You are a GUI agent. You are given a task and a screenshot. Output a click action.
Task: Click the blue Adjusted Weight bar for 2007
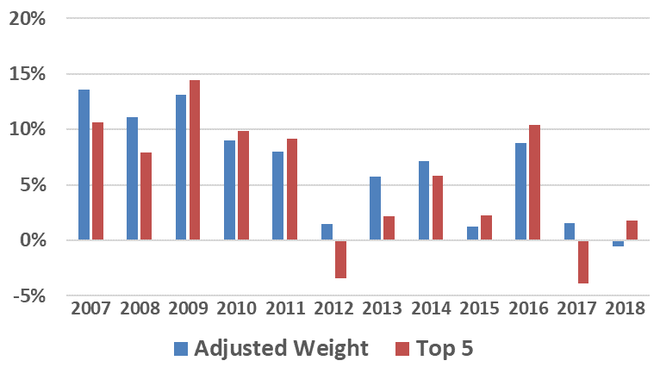click(84, 165)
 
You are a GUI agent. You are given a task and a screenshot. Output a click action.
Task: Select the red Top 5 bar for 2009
click(195, 160)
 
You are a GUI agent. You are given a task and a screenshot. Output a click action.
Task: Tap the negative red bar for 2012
click(340, 259)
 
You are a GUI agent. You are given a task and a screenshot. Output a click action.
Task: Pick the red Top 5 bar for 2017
click(583, 262)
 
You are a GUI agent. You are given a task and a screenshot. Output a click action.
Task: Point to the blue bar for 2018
click(618, 244)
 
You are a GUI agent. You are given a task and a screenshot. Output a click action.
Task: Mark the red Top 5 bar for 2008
click(146, 196)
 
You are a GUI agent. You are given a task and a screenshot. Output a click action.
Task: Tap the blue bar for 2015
click(472, 233)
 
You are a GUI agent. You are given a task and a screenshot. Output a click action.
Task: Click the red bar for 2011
click(292, 190)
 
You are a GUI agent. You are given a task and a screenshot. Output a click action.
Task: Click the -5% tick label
click(28, 295)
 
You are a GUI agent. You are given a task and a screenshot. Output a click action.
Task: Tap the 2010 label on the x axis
click(236, 308)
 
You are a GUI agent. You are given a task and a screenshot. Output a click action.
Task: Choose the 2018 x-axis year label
click(625, 308)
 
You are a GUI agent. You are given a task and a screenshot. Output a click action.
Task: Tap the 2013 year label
click(382, 308)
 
